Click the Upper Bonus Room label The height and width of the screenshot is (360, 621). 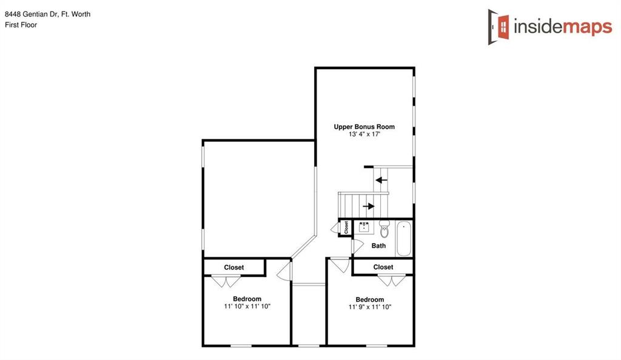coord(364,127)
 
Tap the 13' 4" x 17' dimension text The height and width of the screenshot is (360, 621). coord(364,135)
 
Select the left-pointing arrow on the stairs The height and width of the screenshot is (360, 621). coord(381,179)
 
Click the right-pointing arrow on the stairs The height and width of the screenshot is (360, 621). coord(368,206)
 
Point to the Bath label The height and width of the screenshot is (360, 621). coord(378,245)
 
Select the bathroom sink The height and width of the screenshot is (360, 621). coord(365,228)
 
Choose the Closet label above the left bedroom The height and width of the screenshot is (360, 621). coord(234,267)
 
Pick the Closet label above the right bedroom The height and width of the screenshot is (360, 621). coord(383,267)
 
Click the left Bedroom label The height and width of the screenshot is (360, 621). coord(247,299)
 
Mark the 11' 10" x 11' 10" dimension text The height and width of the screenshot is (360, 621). coord(247,307)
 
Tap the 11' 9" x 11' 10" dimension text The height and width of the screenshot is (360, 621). coord(370,307)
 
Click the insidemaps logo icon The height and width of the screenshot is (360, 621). coord(499,27)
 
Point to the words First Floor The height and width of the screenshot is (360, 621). coord(21,25)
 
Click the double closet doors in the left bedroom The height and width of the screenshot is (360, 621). coord(225,281)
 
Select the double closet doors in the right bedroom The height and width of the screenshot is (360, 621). coord(392,281)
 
